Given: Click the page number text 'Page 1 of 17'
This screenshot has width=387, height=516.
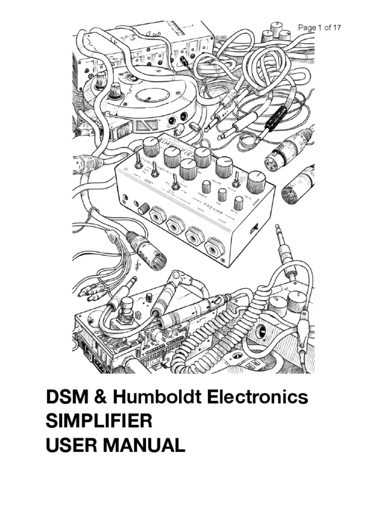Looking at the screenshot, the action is (319, 28).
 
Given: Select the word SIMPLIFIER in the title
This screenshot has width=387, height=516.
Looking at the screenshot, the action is (99, 421).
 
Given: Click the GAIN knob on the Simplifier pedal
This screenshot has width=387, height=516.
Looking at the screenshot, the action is (256, 182).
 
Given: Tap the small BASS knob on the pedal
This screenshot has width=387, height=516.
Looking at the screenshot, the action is (238, 203).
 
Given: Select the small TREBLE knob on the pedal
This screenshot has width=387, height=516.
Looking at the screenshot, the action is (206, 187).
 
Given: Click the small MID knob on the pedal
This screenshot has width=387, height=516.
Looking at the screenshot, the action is (222, 195).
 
